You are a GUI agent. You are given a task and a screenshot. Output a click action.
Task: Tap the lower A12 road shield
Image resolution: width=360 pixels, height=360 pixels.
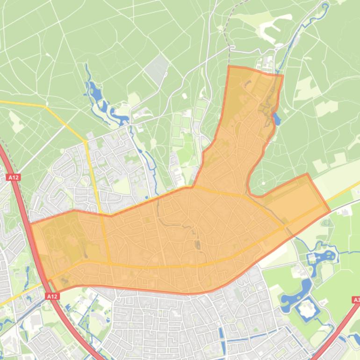(x=52, y=296)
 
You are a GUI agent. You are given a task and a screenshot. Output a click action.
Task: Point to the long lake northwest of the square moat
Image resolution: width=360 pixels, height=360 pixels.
(x=302, y=288)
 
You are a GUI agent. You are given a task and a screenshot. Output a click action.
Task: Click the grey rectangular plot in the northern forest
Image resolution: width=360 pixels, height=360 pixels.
(x=156, y=69)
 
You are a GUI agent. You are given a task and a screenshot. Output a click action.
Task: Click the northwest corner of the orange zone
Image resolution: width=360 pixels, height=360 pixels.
(x=229, y=66)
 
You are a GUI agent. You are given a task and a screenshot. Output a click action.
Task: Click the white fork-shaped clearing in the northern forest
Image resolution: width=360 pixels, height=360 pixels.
(x=269, y=31)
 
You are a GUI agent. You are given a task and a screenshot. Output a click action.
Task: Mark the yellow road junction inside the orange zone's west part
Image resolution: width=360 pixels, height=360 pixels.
(x=110, y=263)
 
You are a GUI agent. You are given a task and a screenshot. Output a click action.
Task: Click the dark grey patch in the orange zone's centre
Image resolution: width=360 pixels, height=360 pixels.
(x=197, y=244)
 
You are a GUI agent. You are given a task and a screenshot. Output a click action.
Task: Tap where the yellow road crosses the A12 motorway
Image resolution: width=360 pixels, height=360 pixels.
(x=49, y=281)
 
